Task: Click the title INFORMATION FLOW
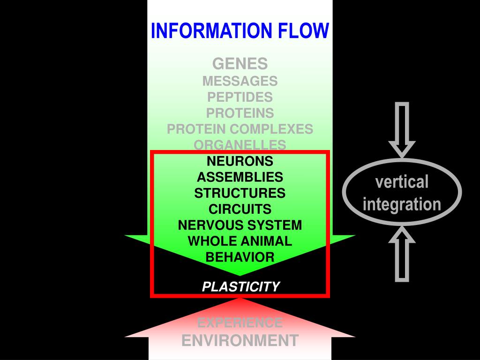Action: tap(240, 31)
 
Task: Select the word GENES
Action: tap(240, 63)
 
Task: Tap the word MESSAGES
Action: tap(240, 81)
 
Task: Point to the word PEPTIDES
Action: tap(240, 97)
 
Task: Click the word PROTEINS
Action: tap(240, 113)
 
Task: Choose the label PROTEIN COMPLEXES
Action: tap(240, 129)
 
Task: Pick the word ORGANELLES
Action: tap(240, 145)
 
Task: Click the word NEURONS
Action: tap(240, 161)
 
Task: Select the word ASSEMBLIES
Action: tap(240, 177)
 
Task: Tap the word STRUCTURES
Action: tap(240, 193)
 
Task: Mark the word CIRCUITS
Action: tap(240, 209)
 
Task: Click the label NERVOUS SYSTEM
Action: tap(240, 225)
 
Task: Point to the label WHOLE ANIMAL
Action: tap(240, 241)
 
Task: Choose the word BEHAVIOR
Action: tap(240, 257)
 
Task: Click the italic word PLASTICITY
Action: tap(240, 286)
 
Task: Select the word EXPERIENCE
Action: tap(240, 323)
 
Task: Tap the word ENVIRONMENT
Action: tap(240, 341)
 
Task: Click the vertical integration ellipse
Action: tap(402, 192)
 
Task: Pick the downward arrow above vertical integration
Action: tap(402, 129)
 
